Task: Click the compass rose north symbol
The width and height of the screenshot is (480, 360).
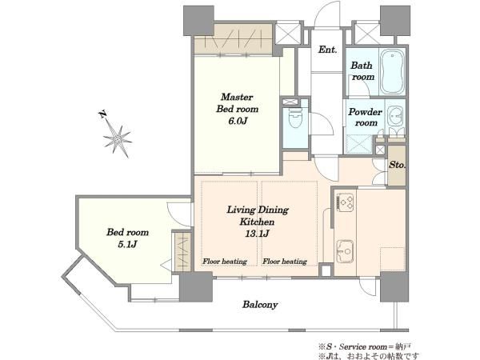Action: click(118, 138)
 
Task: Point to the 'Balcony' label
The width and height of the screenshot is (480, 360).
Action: click(261, 304)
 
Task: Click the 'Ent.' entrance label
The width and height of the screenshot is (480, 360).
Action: click(326, 50)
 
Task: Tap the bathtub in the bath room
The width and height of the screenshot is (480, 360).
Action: click(392, 72)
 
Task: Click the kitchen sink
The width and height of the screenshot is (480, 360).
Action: click(346, 252)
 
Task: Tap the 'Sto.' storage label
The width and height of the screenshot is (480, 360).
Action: click(396, 166)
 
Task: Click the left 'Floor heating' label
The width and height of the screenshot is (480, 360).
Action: click(224, 261)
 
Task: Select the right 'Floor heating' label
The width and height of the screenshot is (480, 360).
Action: click(285, 261)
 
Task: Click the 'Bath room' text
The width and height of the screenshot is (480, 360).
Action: click(363, 71)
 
